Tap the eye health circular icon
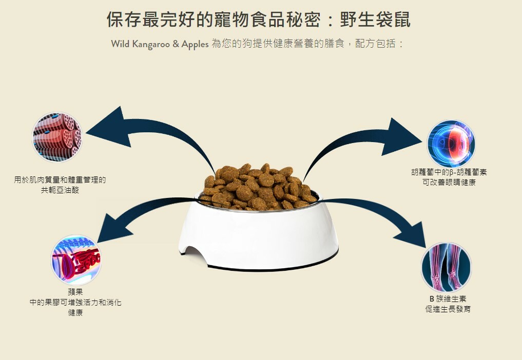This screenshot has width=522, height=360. point(451,144)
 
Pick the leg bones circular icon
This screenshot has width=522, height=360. point(446,268)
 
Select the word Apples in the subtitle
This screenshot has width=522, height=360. point(195,44)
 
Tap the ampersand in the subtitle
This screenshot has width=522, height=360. point(176,44)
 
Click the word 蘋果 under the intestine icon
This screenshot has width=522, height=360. point(75,292)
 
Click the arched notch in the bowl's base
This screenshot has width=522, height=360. point(194,253)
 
